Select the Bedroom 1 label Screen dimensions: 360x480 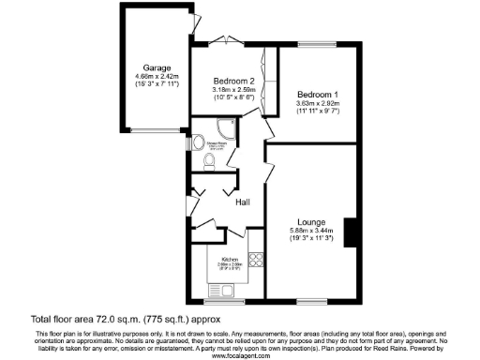point(317,96)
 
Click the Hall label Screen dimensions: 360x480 point(243,202)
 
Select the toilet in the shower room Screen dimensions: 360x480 point(208,164)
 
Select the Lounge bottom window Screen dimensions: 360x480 point(310,300)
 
